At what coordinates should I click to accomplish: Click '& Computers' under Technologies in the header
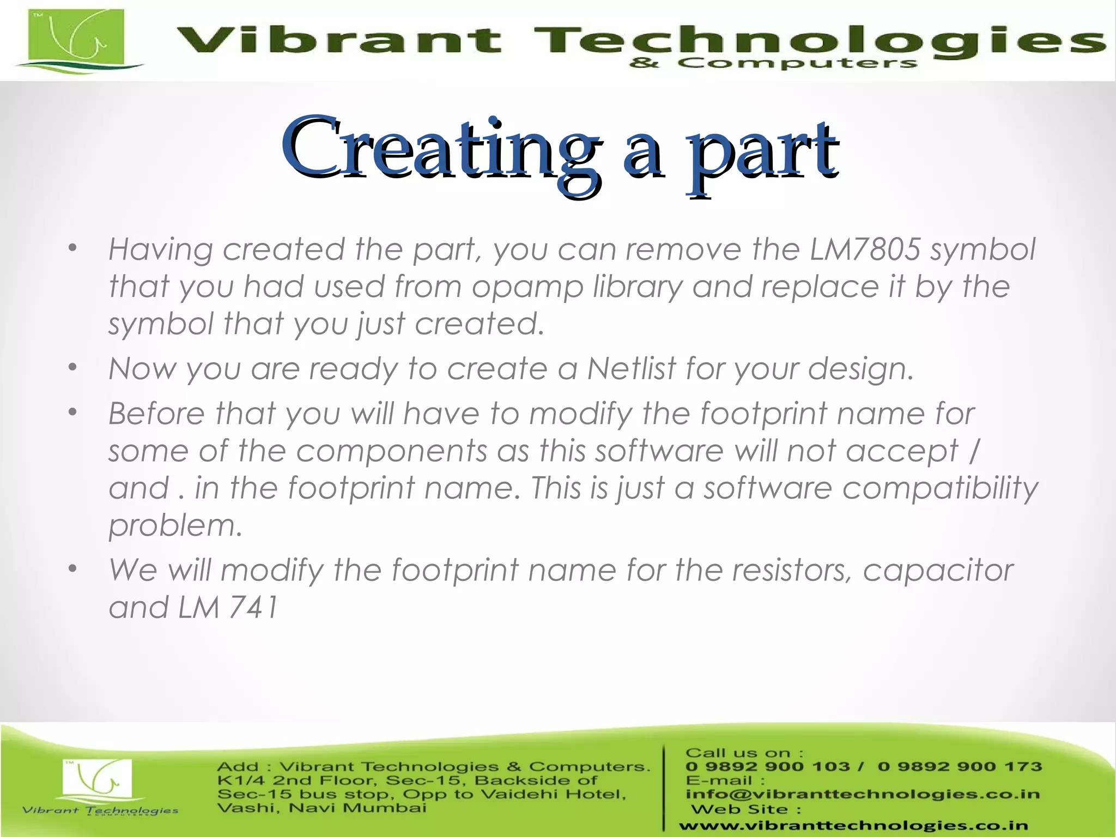(773, 63)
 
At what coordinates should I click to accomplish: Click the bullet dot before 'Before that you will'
(72, 413)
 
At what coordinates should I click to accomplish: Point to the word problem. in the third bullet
(175, 525)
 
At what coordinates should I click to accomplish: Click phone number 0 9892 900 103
(768, 767)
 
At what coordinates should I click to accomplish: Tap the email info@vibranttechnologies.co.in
(862, 794)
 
